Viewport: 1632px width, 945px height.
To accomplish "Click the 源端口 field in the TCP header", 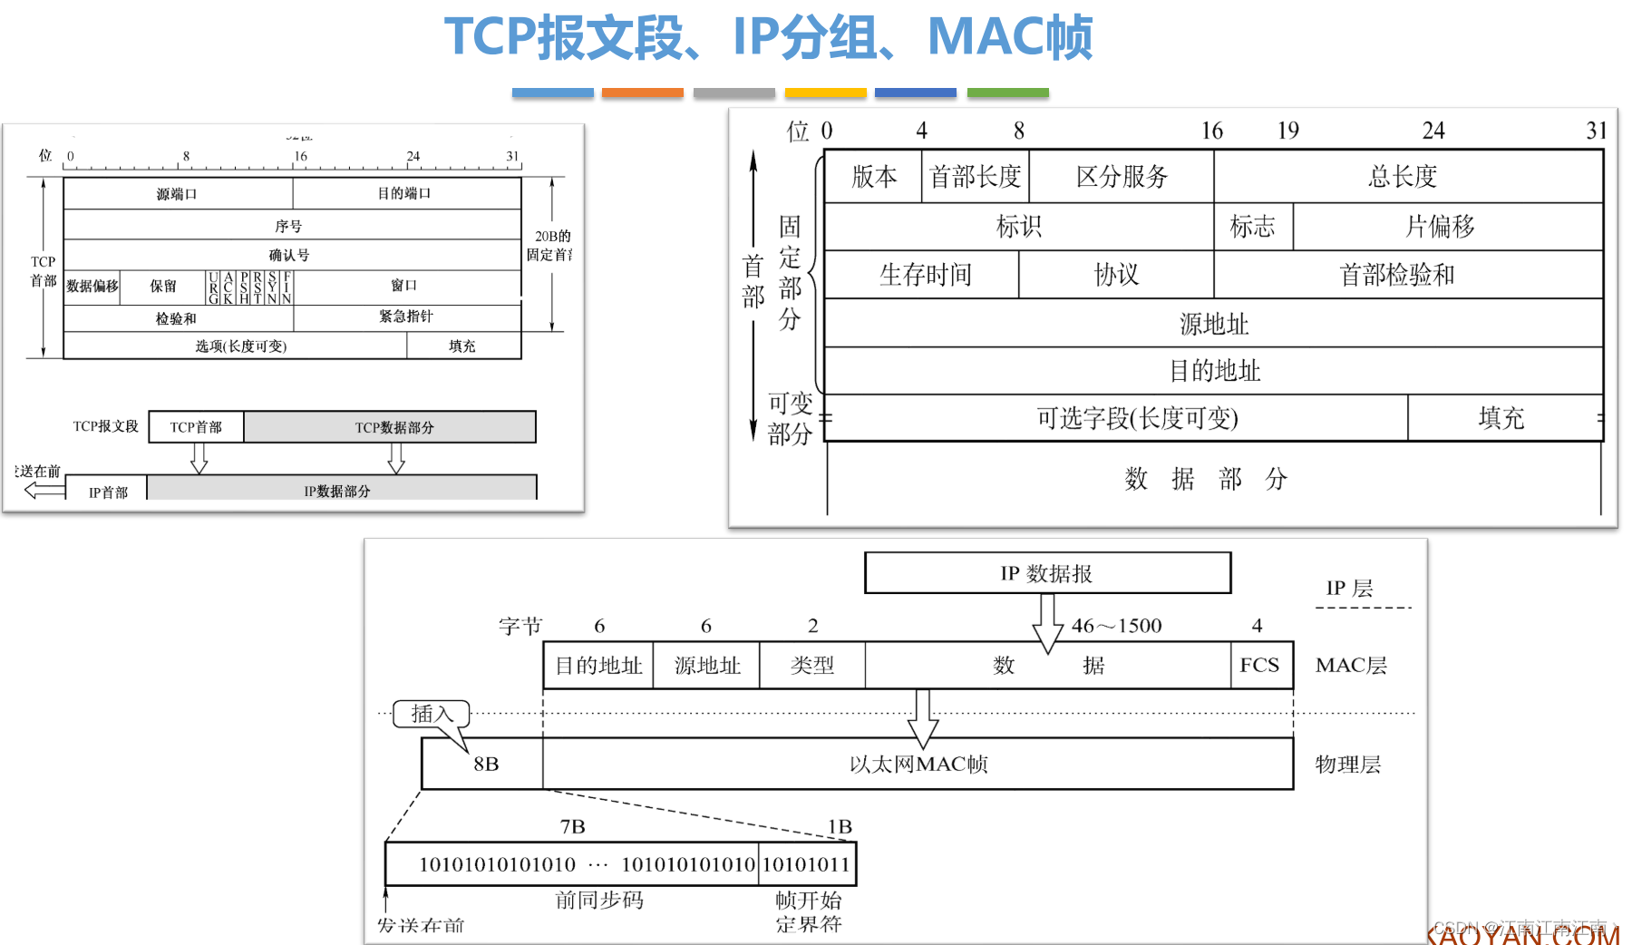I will point(178,194).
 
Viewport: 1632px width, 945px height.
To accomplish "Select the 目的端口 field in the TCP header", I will point(405,194).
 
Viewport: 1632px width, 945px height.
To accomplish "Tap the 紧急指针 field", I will point(406,317).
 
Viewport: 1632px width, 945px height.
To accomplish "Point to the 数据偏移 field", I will point(92,287).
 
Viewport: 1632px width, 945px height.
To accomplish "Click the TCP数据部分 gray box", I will point(390,427).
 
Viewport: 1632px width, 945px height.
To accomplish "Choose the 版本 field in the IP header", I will point(873,177).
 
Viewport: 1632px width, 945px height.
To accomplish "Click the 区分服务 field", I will point(1122,177).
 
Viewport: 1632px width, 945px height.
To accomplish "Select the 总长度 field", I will point(1403,177).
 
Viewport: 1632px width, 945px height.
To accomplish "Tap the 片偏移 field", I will point(1442,227).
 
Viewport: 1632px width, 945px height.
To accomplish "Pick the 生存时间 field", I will point(924,275).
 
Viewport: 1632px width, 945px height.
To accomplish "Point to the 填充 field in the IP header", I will point(1501,418).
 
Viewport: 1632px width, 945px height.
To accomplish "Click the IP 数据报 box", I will point(1047,573).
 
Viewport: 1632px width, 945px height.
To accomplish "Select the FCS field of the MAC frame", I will point(1260,666).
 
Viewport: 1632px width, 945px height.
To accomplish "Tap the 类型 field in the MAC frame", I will point(812,666).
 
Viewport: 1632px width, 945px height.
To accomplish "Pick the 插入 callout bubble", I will point(432,714).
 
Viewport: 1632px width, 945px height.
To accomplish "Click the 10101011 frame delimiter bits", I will point(807,864).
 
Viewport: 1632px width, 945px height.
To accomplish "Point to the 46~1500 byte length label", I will point(1116,626).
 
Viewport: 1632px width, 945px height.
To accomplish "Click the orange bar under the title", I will point(642,93).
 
